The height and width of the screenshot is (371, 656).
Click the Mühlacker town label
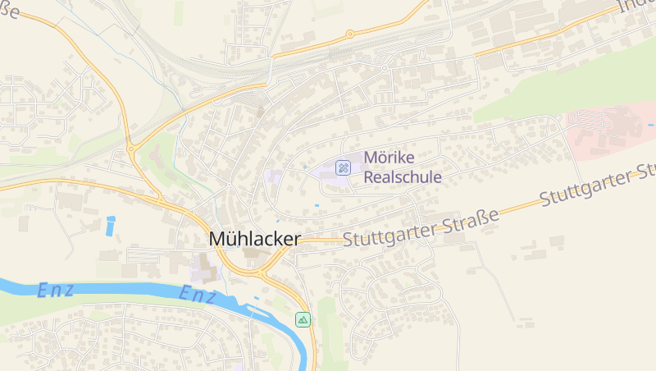coord(254,239)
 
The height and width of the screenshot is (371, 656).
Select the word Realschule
coord(402,176)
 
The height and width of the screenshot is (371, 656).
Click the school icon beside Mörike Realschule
coord(344,168)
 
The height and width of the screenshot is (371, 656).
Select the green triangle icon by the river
coord(303,318)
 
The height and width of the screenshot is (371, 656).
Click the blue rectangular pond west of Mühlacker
coord(111,224)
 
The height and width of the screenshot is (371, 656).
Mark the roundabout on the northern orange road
coord(349,34)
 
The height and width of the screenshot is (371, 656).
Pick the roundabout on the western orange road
coord(131,149)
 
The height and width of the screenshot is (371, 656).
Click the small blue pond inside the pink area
coord(649,125)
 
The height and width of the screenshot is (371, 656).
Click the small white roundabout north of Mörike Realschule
coord(385,68)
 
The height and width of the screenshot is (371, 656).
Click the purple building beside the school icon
coord(324,170)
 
